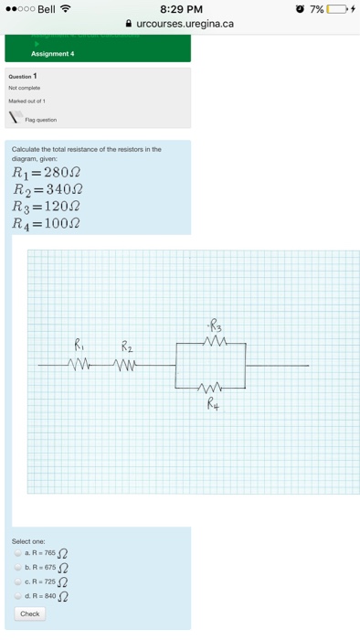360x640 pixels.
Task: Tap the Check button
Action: pos(29,613)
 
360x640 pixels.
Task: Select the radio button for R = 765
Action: pos(17,552)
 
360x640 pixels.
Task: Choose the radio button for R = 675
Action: pos(17,567)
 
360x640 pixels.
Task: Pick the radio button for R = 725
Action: pos(17,581)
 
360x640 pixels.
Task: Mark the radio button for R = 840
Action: pos(17,596)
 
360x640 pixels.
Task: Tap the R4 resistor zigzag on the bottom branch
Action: pos(212,387)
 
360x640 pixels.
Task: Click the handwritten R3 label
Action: pos(214,324)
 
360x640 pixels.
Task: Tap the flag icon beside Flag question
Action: pos(16,118)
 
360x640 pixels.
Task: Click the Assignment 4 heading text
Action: pos(52,54)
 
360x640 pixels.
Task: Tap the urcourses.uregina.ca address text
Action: pos(185,24)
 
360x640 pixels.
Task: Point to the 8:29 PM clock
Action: pos(180,9)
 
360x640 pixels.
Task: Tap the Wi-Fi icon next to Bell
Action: pos(66,9)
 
